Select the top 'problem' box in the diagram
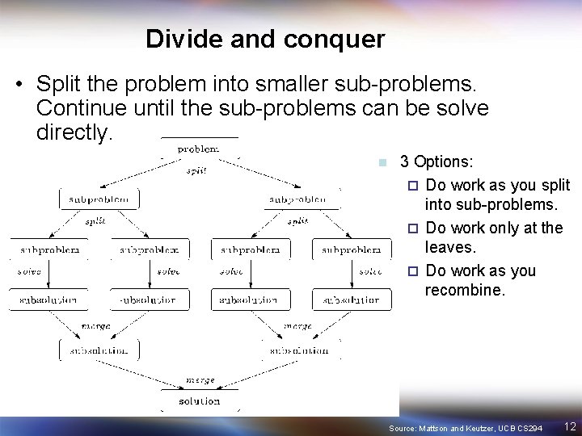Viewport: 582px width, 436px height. pos(198,149)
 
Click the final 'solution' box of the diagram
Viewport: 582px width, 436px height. pos(200,400)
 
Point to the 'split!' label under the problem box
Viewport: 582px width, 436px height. pos(196,170)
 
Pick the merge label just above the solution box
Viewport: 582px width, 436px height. pos(200,379)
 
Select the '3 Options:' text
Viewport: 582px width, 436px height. pos(437,161)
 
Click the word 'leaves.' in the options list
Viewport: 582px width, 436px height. pos(449,248)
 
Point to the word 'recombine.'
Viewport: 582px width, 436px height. pos(465,290)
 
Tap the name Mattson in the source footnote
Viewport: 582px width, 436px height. pos(437,426)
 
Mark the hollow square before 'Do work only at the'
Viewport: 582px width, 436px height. pos(413,228)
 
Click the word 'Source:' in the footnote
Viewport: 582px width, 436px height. pos(403,426)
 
